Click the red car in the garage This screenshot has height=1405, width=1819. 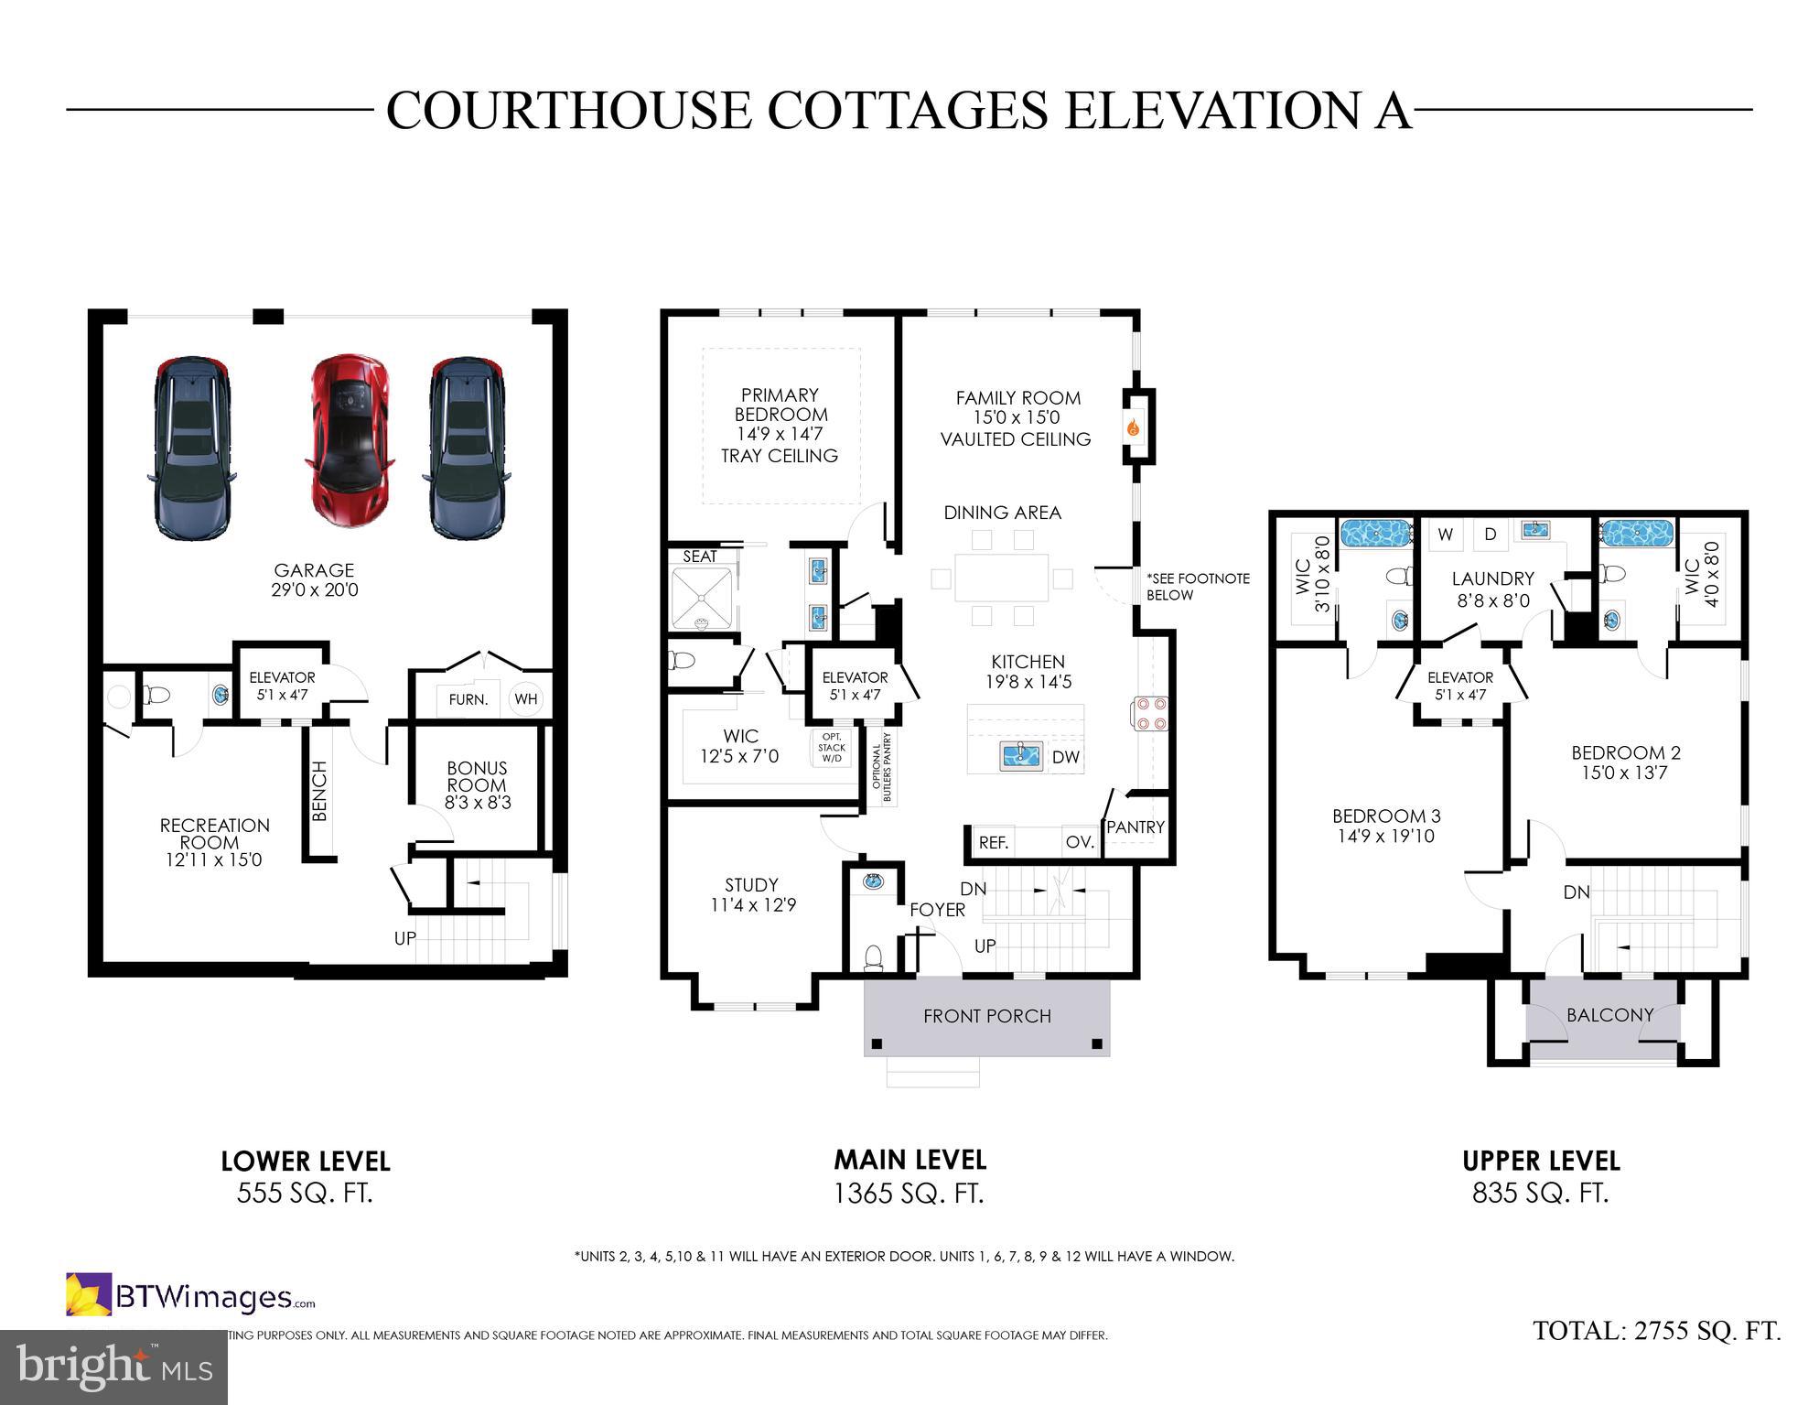click(x=350, y=439)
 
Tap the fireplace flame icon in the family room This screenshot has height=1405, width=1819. click(x=1134, y=427)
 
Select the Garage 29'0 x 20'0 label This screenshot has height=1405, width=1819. click(x=314, y=580)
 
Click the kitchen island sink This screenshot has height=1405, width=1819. click(x=1021, y=756)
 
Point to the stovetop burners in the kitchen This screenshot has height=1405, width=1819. click(x=1150, y=713)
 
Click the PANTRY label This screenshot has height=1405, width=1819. click(x=1136, y=827)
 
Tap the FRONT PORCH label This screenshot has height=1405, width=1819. click(x=986, y=1016)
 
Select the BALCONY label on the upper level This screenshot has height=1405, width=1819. click(x=1609, y=1015)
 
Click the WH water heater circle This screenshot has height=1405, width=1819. click(x=526, y=699)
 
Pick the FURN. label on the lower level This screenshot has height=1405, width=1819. click(x=468, y=700)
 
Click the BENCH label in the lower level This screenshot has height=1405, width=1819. click(x=319, y=791)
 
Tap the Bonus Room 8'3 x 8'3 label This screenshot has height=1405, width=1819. click(x=477, y=785)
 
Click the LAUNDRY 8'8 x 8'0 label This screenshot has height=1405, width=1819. click(x=1492, y=589)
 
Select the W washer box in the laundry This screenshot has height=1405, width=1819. click(x=1446, y=535)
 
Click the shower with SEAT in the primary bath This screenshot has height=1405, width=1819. click(x=702, y=598)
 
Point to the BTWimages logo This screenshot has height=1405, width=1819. click(x=190, y=1296)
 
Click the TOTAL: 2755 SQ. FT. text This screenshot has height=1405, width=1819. click(x=1656, y=1331)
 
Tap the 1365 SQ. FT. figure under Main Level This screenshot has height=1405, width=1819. click(x=909, y=1194)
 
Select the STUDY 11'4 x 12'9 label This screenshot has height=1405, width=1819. click(x=752, y=895)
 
